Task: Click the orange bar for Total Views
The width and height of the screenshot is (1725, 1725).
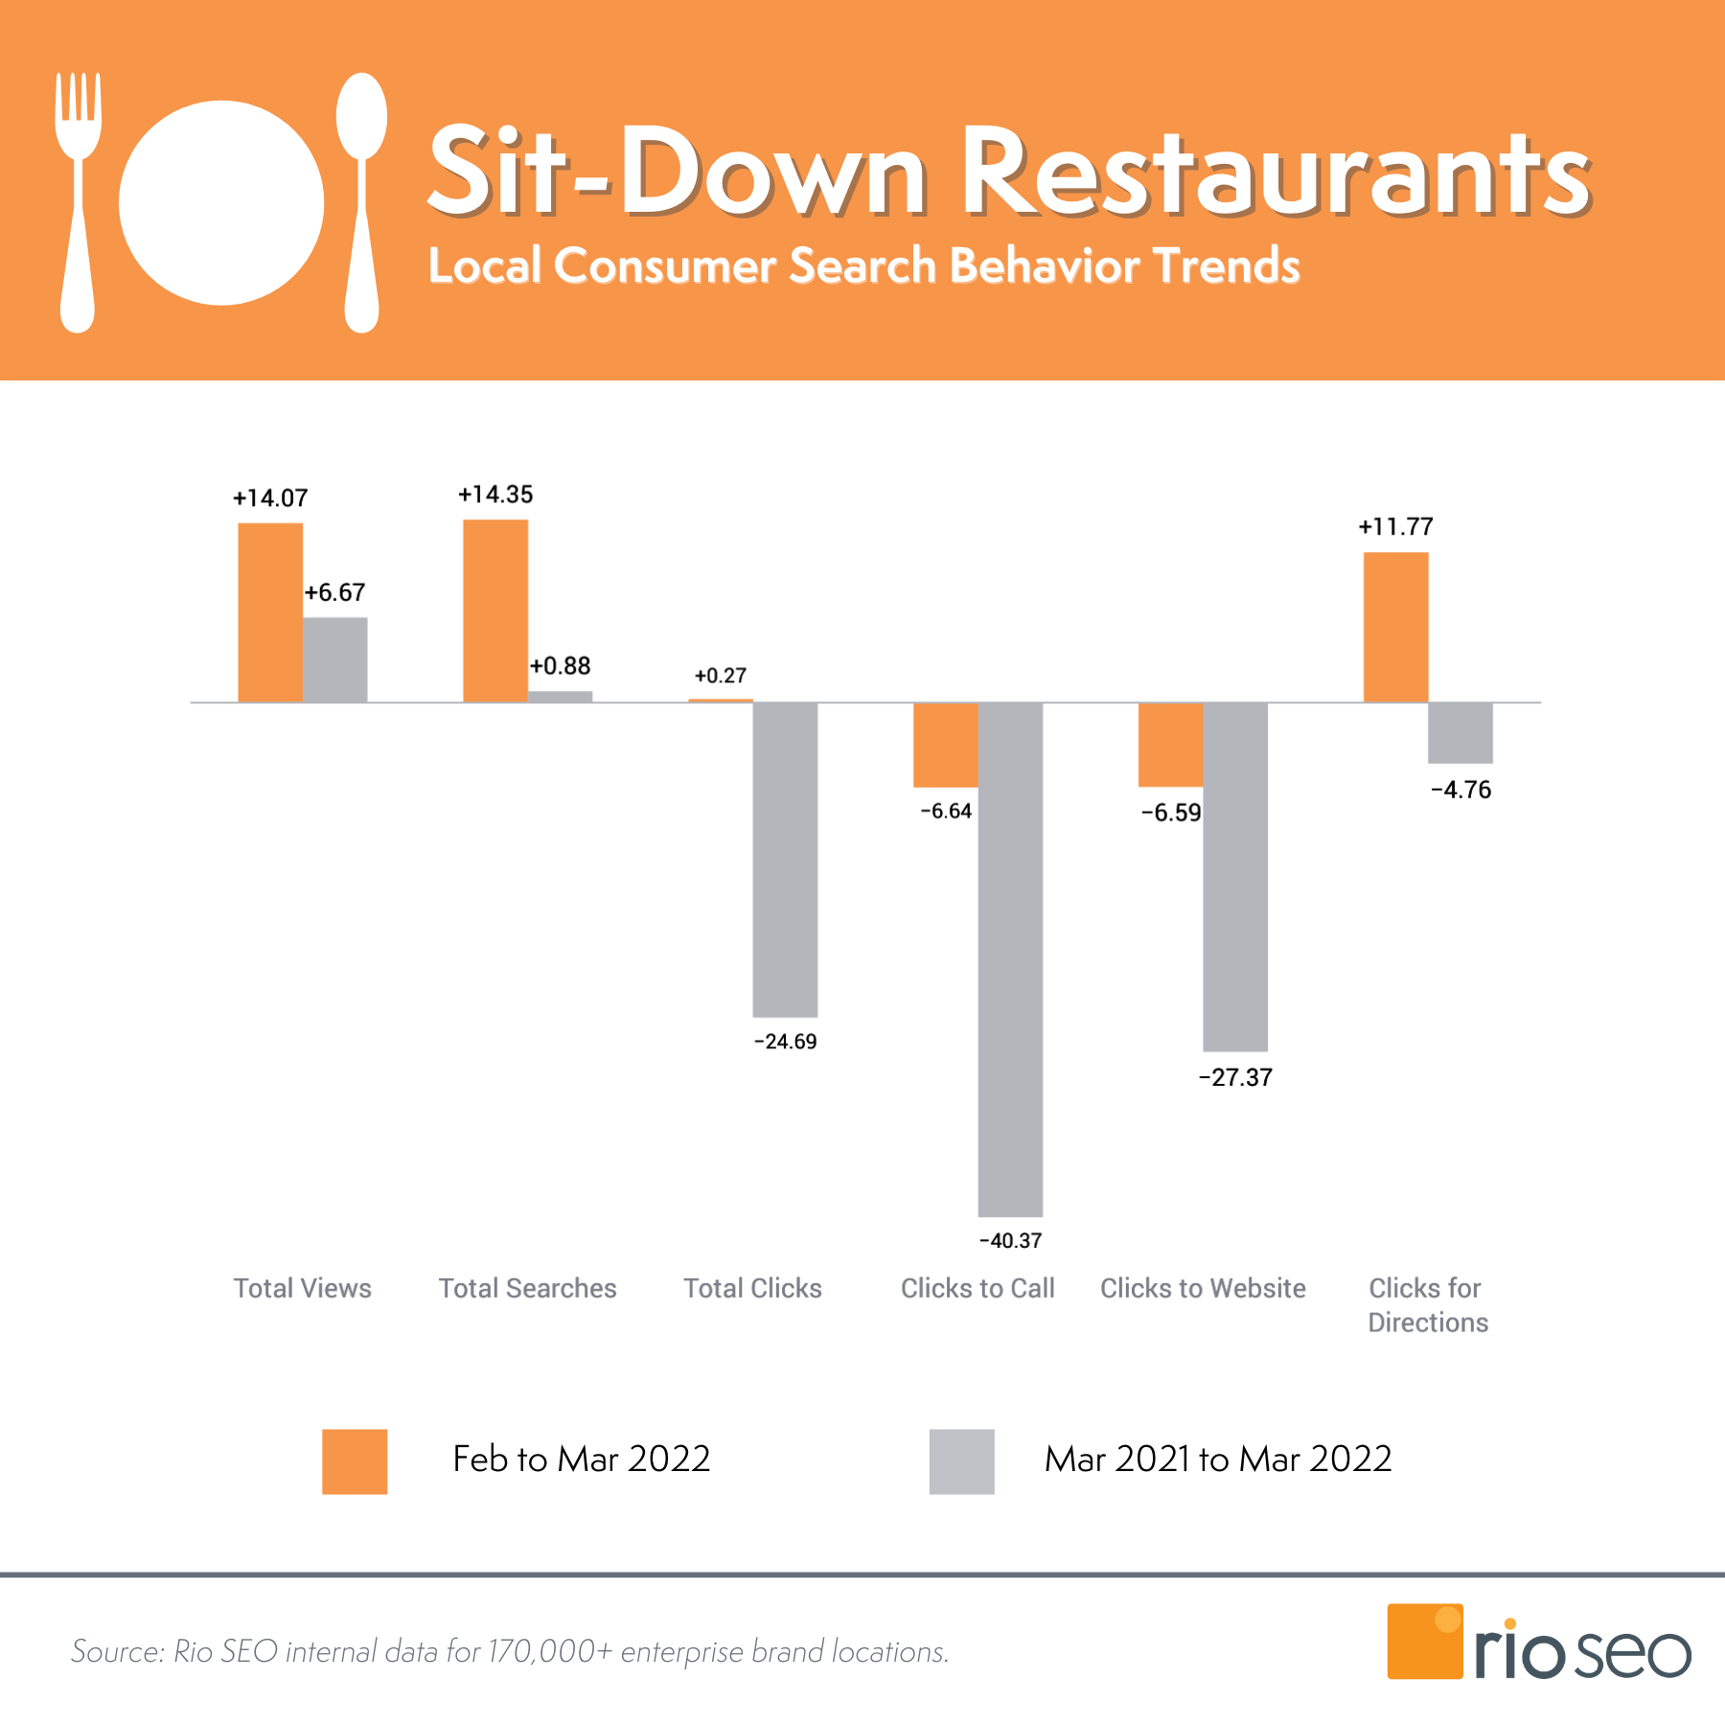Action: pyautogui.click(x=270, y=612)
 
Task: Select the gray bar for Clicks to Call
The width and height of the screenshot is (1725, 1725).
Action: pyautogui.click(x=1010, y=958)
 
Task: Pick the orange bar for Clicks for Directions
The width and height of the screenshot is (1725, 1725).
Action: pyautogui.click(x=1395, y=628)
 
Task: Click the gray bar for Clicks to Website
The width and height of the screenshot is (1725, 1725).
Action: pyautogui.click(x=1235, y=877)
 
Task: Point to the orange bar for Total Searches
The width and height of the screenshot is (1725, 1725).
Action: pyautogui.click(x=495, y=610)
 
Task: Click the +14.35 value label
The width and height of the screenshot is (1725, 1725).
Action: pyautogui.click(x=495, y=494)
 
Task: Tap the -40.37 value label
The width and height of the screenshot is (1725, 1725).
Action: pyautogui.click(x=1010, y=1241)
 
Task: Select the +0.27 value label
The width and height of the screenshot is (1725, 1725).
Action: pyautogui.click(x=720, y=676)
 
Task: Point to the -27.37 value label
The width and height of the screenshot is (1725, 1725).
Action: pyautogui.click(x=1235, y=1078)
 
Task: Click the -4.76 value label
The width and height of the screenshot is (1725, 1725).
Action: pyautogui.click(x=1460, y=791)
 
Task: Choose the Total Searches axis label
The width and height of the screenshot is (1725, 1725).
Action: pyautogui.click(x=527, y=1288)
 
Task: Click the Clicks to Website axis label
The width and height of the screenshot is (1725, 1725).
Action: pyautogui.click(x=1203, y=1288)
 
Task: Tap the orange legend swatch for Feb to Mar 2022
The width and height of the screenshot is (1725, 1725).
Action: pyautogui.click(x=355, y=1461)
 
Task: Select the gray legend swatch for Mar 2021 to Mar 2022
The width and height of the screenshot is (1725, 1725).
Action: pyautogui.click(x=961, y=1461)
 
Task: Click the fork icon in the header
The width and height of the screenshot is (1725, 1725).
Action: pyautogui.click(x=78, y=201)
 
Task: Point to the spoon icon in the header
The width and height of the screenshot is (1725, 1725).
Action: pyautogui.click(x=361, y=201)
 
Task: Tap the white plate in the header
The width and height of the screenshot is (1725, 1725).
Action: pyautogui.click(x=221, y=203)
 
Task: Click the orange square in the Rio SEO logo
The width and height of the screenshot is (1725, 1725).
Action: pyautogui.click(x=1424, y=1642)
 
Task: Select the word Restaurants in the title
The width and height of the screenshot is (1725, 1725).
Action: pyautogui.click(x=1275, y=172)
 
